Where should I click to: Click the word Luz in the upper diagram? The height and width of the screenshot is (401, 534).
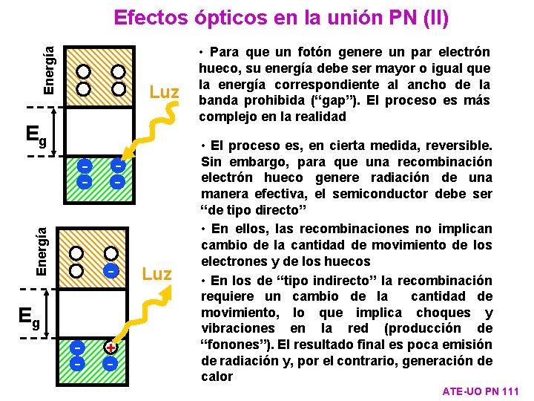coord(165,93)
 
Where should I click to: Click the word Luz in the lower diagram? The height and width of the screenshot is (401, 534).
coord(156,274)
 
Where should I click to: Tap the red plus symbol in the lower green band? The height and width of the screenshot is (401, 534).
coord(110,348)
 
